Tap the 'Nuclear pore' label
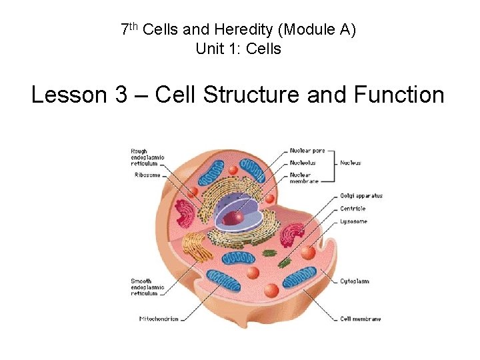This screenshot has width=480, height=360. [x=307, y=151]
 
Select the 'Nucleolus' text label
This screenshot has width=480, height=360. [x=303, y=162]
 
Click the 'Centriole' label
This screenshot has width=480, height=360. [x=353, y=209]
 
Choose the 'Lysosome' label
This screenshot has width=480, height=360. [x=353, y=221]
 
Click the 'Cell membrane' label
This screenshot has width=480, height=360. [x=361, y=319]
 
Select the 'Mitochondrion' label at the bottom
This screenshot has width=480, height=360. [x=159, y=319]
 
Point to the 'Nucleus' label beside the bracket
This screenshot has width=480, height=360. [x=351, y=162]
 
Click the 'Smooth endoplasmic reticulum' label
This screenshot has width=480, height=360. [x=145, y=287]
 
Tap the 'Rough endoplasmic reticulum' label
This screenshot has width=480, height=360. [x=147, y=157]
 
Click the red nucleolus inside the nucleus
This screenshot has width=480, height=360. [x=234, y=217]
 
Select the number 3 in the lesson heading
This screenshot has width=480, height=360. [x=121, y=95]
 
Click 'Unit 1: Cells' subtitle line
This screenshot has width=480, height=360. [x=239, y=49]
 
